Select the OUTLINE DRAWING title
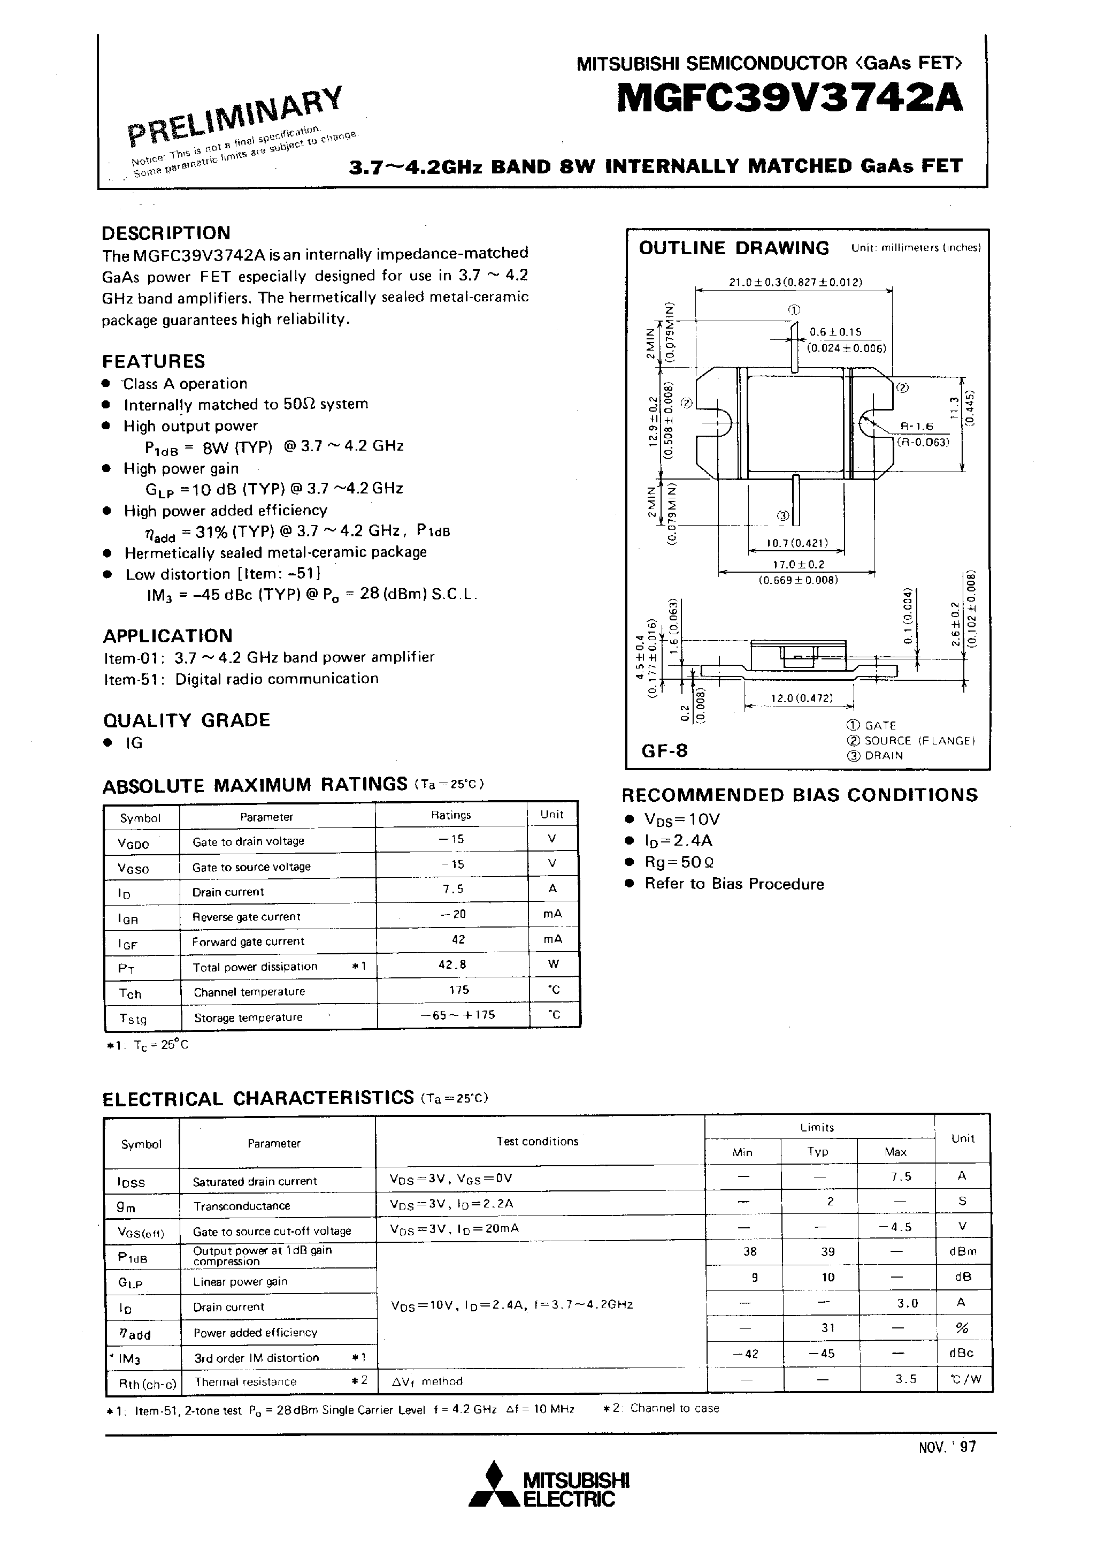[734, 248]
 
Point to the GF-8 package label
[664, 750]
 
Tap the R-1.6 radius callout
[915, 427]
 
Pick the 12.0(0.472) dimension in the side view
[801, 698]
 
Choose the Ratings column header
[450, 815]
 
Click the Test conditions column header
[537, 1141]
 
